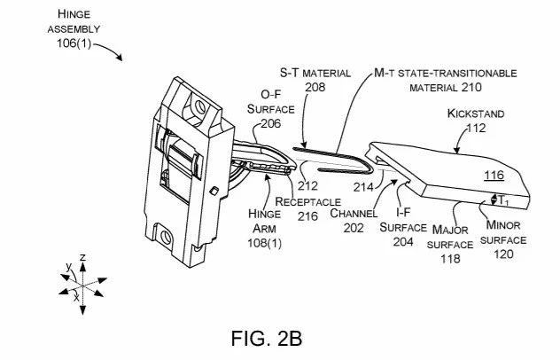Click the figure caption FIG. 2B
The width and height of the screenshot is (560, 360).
(x=267, y=338)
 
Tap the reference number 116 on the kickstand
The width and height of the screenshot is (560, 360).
(x=494, y=176)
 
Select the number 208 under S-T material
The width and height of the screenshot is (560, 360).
(x=315, y=87)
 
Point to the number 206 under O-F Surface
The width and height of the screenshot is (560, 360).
(x=271, y=123)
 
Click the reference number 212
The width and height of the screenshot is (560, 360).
(x=307, y=185)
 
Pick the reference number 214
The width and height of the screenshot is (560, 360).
(x=363, y=186)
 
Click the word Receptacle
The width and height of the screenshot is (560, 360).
(x=307, y=201)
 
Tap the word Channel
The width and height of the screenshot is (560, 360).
(x=354, y=214)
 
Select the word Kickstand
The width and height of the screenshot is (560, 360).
(x=475, y=113)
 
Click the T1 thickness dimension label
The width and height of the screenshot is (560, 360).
(x=503, y=200)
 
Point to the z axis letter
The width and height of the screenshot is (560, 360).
(x=83, y=257)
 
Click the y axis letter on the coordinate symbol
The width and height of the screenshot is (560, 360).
(x=69, y=267)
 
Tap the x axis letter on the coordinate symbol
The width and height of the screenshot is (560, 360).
(x=76, y=297)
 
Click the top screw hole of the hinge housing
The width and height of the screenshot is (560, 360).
(x=200, y=106)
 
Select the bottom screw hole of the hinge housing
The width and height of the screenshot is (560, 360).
(x=166, y=237)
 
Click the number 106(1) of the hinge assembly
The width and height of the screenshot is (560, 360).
(x=74, y=43)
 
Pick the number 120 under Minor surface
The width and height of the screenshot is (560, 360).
(x=503, y=254)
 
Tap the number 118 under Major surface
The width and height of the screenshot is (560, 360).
(x=450, y=258)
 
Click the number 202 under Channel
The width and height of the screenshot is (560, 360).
(x=354, y=228)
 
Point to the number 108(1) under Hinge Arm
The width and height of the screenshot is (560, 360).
(x=265, y=243)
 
